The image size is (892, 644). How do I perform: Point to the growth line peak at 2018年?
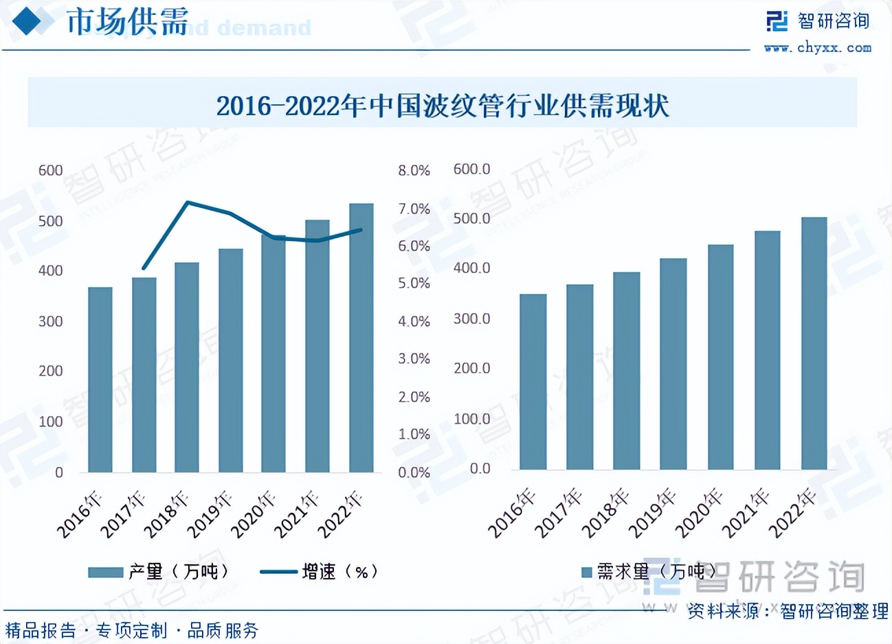(188, 203)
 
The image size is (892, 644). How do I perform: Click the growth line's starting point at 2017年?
(144, 268)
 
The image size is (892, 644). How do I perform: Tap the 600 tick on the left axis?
(50, 170)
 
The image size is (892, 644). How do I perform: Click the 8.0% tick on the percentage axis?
(414, 170)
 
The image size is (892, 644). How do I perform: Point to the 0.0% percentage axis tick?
(414, 472)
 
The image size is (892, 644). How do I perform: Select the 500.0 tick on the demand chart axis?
(471, 218)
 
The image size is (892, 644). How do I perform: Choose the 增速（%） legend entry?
(320, 571)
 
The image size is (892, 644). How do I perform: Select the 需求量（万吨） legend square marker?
(586, 572)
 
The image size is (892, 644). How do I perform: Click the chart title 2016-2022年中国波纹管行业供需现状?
(443, 106)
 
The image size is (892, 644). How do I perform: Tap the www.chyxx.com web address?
(818, 47)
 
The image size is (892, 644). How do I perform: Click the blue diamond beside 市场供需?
(32, 21)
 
